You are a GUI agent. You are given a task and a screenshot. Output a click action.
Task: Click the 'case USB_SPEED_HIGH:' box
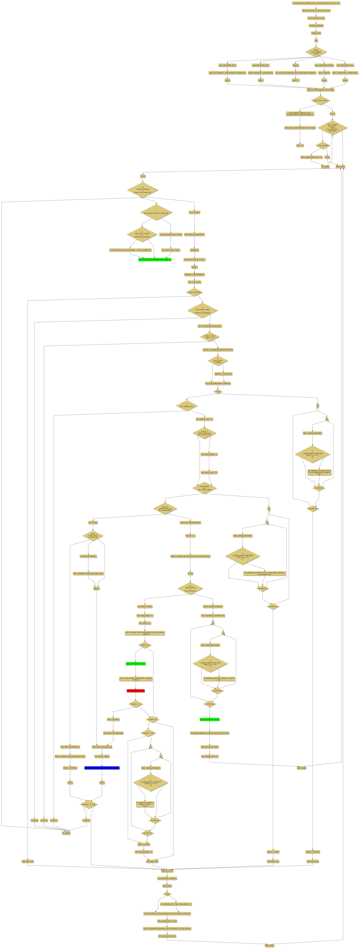coord(227,65)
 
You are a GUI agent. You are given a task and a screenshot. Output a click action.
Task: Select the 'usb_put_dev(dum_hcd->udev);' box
coord(171,234)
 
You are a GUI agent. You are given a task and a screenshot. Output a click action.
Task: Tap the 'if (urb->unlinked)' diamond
coord(194,292)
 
